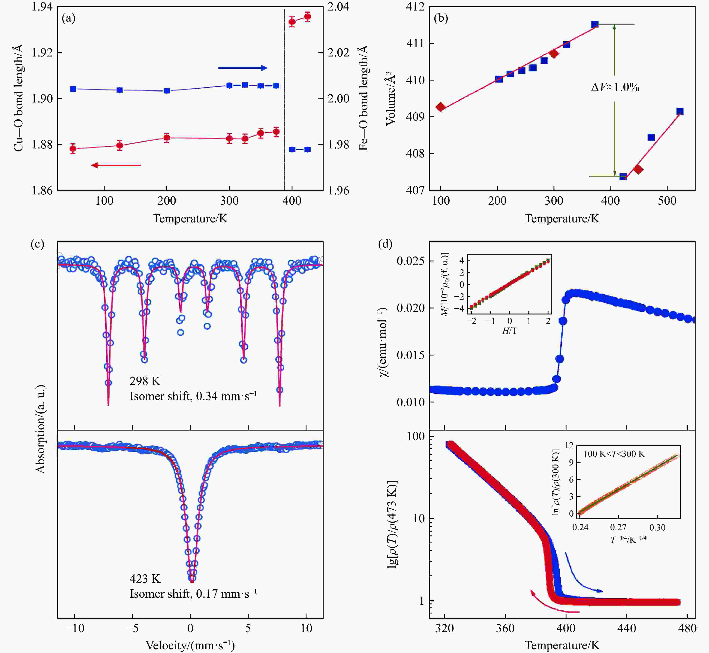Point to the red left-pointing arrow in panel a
click(116, 165)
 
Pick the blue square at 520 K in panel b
click(680, 111)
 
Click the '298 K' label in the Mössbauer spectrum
click(145, 381)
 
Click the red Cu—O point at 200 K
click(167, 137)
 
